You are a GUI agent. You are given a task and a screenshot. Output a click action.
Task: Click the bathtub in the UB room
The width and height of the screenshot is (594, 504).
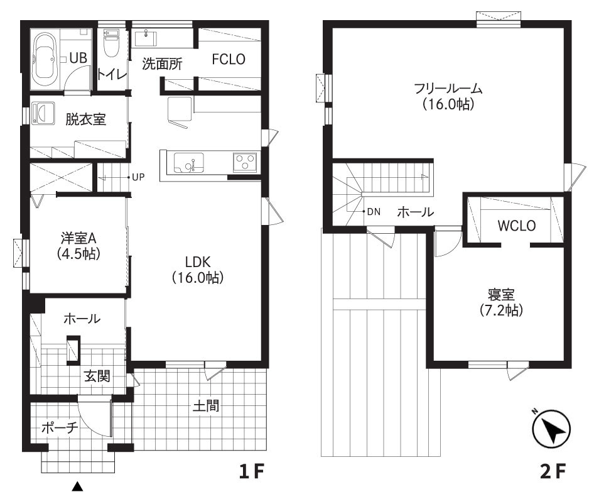[x=46, y=59]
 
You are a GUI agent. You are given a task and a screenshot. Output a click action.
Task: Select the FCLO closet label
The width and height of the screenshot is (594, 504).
[x=228, y=59]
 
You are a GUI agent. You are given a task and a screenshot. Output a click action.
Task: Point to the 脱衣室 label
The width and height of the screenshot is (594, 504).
[x=86, y=119]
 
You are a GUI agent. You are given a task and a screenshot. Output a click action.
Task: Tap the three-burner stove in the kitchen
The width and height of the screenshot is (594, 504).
[x=245, y=163]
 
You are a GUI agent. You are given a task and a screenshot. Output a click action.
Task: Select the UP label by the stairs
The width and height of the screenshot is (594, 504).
[x=139, y=177]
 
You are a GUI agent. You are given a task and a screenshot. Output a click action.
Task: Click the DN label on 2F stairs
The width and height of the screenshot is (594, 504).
[x=374, y=212]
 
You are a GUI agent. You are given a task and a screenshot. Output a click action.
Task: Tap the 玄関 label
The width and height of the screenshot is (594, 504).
[x=98, y=376]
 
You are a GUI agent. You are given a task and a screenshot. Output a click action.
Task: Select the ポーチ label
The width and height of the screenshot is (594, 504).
[x=60, y=428]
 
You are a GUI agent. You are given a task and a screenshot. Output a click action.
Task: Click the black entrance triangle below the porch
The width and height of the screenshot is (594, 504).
[x=77, y=486]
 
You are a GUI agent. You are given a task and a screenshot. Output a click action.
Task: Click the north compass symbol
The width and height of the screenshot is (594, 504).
[x=551, y=430]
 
